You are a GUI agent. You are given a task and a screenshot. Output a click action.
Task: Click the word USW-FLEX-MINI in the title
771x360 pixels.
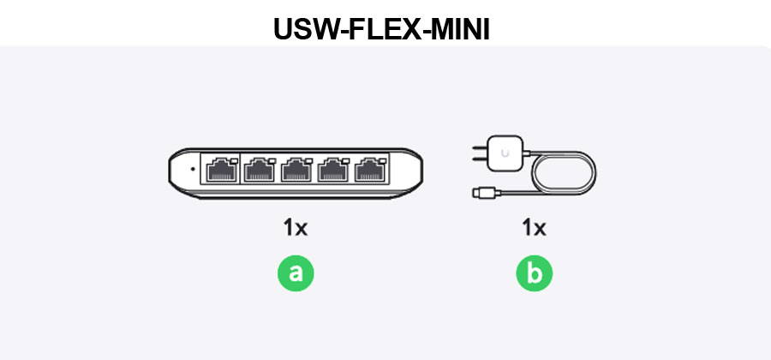click(381, 29)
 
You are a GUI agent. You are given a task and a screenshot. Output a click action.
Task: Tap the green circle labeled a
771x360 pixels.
click(296, 273)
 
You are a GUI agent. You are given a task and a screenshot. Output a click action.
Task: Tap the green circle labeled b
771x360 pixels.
click(535, 273)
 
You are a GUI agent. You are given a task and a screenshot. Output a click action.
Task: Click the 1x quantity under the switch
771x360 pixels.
click(295, 228)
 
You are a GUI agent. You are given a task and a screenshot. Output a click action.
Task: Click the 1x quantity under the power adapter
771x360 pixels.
click(534, 228)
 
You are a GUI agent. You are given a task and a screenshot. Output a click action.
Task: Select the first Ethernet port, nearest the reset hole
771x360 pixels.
click(222, 170)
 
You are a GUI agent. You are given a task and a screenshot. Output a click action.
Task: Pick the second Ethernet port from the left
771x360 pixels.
click(260, 170)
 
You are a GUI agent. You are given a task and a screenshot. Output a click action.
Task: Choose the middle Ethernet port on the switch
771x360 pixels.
click(296, 170)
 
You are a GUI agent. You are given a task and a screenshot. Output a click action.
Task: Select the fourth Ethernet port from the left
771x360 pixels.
click(334, 170)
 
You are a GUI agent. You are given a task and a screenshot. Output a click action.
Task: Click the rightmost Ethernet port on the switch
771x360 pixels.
click(371, 170)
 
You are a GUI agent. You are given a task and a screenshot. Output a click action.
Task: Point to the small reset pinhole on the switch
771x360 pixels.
click(192, 169)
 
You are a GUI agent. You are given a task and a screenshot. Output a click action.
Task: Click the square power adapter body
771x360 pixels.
click(505, 153)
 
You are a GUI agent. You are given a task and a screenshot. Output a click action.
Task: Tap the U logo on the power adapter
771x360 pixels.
click(505, 153)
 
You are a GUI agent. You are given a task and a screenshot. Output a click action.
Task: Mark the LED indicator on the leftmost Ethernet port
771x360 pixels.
click(234, 161)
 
